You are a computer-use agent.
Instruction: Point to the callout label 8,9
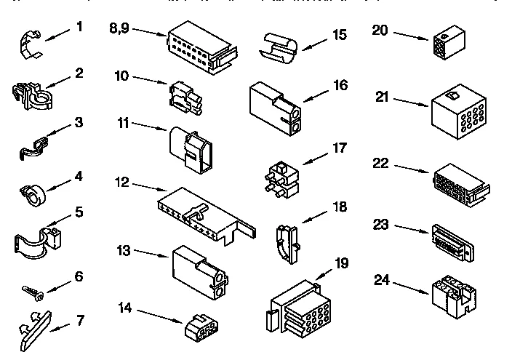120,28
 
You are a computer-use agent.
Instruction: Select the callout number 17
339,148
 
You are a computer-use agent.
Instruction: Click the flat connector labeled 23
453,239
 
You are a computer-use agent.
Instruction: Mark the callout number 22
382,164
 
